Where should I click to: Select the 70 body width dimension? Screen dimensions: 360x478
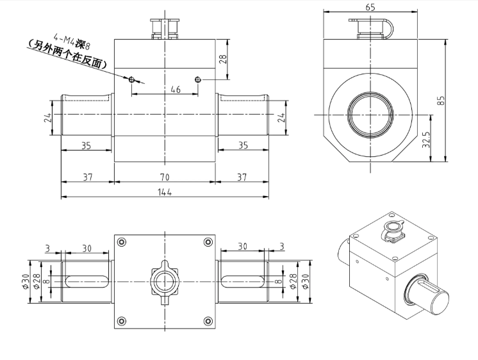pos(165,176)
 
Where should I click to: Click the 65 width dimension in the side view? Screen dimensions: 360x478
pos(370,7)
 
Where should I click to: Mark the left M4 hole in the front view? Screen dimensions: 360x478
pos(131,79)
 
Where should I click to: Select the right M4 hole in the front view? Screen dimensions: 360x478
pos(198,79)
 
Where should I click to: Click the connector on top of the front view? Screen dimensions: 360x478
pos(165,28)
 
